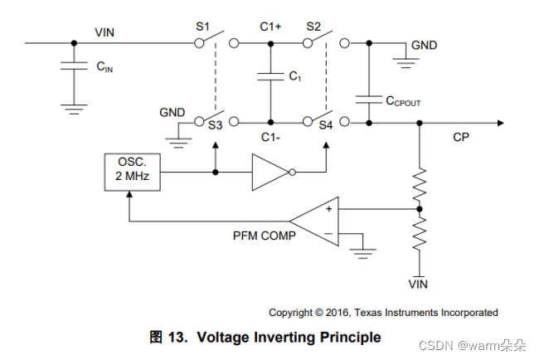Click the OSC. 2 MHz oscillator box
[133, 172]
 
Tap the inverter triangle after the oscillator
[269, 172]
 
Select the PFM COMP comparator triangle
[314, 221]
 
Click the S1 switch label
[203, 27]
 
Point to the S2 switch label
[313, 27]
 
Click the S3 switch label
[216, 125]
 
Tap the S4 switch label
[326, 125]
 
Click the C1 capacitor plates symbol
[270, 76]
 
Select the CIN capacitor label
[104, 66]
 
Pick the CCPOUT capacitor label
[403, 101]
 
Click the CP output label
[461, 137]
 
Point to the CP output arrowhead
[501, 123]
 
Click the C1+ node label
[270, 27]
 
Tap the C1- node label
[270, 137]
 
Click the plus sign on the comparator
[329, 209]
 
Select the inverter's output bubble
[292, 173]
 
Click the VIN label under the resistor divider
[418, 285]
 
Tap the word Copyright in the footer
[291, 313]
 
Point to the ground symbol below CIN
[74, 109]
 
